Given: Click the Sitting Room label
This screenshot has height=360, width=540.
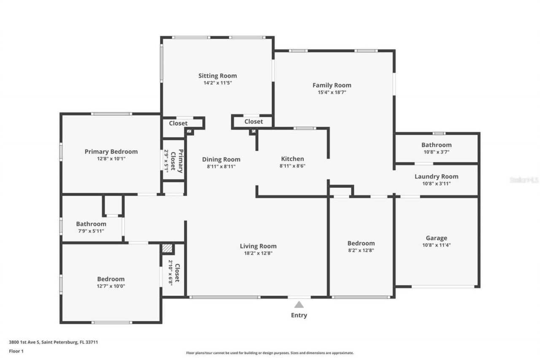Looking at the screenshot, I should click(218, 76).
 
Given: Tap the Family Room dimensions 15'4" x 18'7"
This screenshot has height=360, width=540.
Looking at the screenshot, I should click(332, 92).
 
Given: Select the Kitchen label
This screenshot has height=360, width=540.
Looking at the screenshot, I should click(292, 159).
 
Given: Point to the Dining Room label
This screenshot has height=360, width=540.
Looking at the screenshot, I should click(221, 160).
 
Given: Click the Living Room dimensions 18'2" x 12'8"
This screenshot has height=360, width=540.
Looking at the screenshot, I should click(258, 253).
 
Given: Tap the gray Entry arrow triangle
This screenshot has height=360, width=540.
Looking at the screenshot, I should click(299, 304).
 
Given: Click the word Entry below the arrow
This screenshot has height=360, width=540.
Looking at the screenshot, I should click(299, 315).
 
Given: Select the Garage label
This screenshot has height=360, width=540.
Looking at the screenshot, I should click(436, 238).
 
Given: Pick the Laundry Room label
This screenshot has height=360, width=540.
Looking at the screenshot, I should click(436, 176).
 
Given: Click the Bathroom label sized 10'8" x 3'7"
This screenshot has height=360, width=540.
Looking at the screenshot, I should click(436, 145).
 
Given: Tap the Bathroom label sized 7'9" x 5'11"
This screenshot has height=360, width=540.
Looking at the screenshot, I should click(91, 224).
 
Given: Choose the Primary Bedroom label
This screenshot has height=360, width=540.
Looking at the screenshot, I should click(111, 152).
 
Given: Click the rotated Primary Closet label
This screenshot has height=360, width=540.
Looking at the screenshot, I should click(180, 161).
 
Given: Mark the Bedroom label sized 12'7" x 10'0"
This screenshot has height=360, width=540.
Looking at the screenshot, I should click(111, 279).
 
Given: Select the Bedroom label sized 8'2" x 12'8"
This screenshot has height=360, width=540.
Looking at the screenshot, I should click(361, 243).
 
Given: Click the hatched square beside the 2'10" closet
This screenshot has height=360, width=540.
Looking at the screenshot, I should click(167, 249).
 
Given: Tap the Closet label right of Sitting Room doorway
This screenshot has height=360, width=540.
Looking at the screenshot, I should click(254, 122).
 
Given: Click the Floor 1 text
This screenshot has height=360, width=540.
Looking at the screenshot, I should click(16, 351).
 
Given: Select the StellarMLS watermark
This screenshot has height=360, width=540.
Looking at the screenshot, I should click(524, 180).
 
